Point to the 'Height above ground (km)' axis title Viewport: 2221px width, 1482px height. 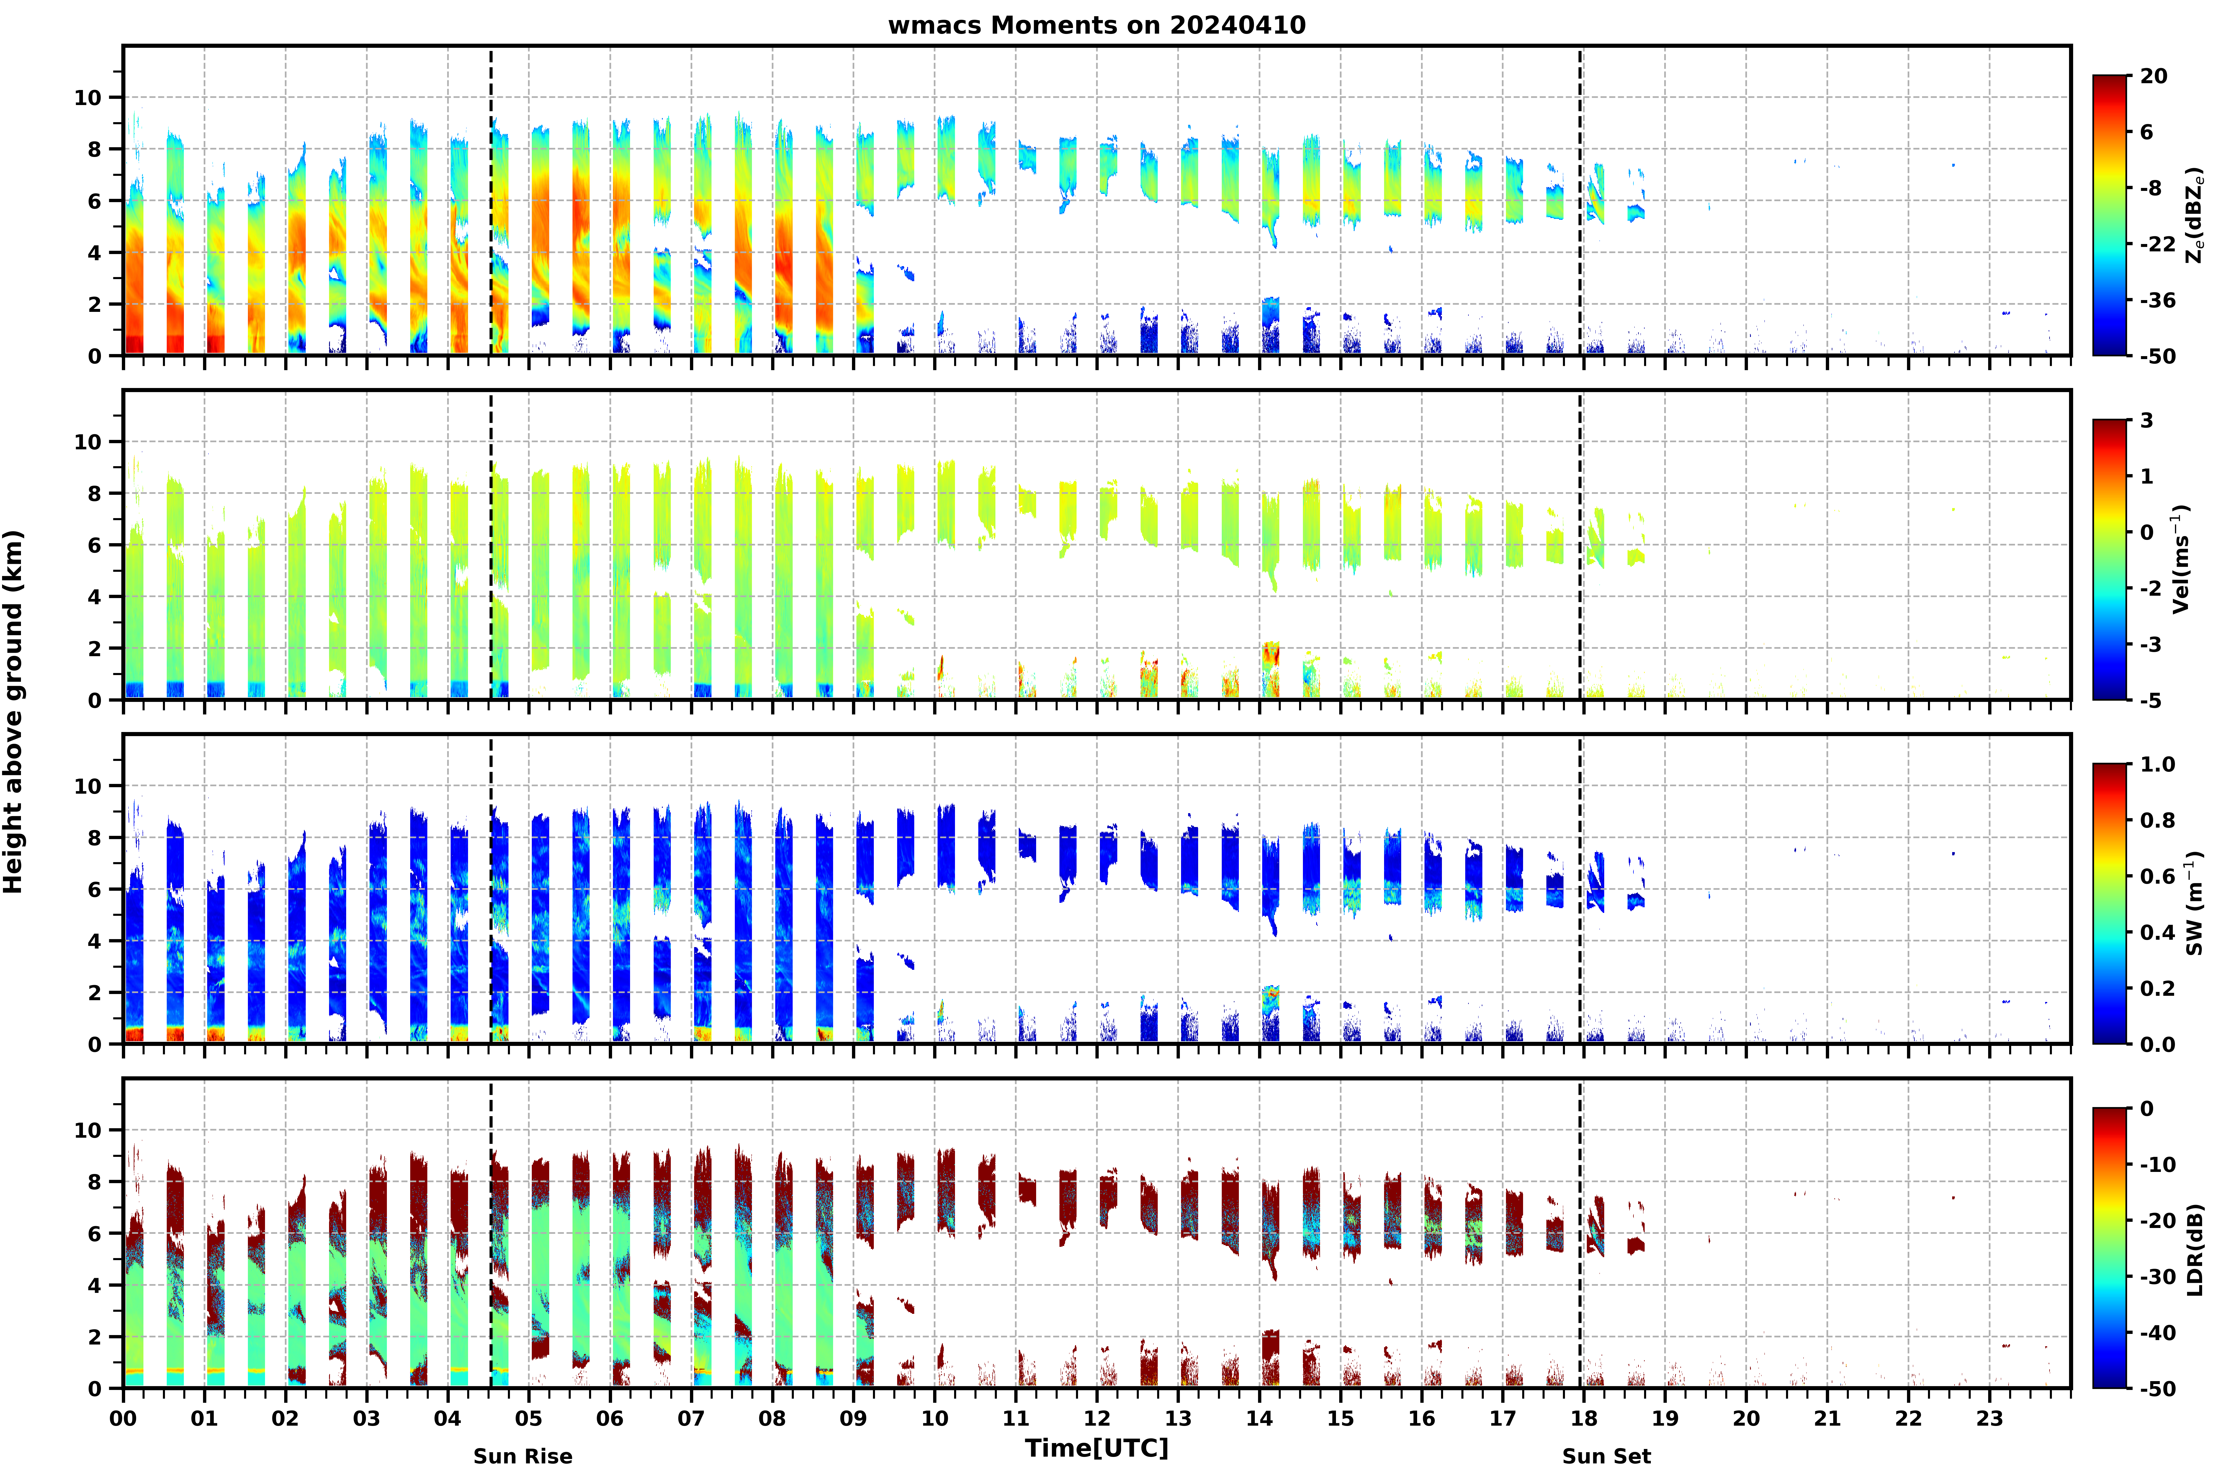tap(13, 712)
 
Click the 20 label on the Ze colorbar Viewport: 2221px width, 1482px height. tap(2154, 76)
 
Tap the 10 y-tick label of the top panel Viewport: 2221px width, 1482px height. tap(87, 97)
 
